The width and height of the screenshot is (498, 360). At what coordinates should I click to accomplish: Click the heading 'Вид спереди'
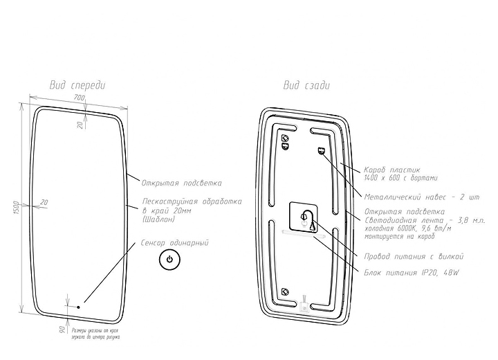coord(77,85)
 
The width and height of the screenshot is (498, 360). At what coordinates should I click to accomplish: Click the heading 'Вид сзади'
coord(306,85)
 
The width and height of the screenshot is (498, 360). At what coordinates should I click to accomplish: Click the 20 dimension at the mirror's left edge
coord(44,202)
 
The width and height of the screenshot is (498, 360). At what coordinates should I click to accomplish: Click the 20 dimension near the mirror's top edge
coord(80,125)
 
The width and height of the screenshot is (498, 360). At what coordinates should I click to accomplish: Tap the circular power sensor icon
coord(170,262)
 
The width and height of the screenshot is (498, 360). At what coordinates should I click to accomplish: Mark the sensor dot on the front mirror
coord(78,305)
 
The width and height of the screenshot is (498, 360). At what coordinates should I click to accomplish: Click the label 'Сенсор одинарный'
coord(174,243)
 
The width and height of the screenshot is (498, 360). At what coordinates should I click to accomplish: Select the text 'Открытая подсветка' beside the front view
coord(181,183)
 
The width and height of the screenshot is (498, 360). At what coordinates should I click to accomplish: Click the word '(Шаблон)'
coord(158,219)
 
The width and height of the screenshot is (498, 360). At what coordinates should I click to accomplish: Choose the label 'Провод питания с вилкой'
coord(414,256)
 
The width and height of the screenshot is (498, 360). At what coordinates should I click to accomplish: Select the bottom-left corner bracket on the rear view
coord(285,291)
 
